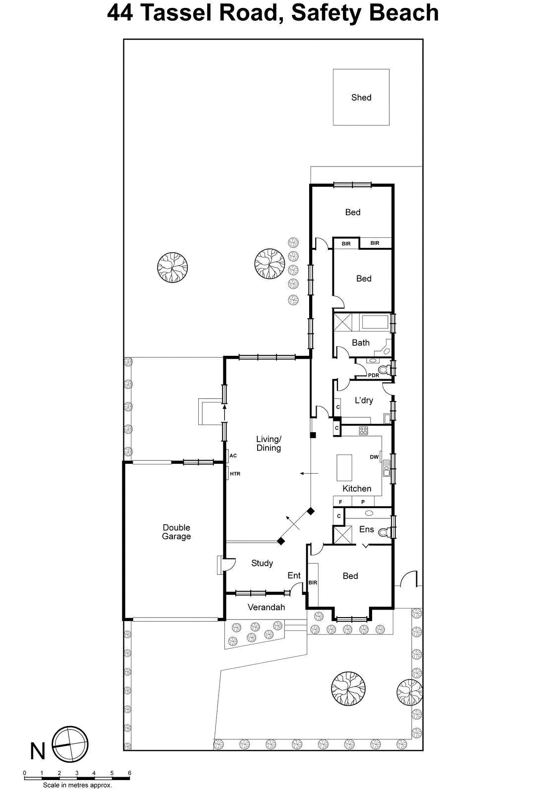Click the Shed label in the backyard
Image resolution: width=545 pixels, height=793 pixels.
(361, 98)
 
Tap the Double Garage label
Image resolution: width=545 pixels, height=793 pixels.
(176, 532)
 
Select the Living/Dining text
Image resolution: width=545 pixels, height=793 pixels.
(269, 444)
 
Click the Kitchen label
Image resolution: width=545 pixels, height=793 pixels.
(357, 489)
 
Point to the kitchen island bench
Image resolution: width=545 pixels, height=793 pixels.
(344, 468)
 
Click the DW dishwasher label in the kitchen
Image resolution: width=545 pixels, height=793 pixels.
(374, 457)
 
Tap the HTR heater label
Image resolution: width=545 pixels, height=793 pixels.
(235, 474)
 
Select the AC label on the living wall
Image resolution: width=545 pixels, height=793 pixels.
(233, 455)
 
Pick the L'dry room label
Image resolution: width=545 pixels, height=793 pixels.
(364, 400)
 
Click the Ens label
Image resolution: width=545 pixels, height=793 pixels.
(367, 529)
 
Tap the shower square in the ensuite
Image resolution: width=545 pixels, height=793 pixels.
(342, 535)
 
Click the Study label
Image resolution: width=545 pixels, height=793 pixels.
(262, 563)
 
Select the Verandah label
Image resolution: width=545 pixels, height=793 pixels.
(266, 607)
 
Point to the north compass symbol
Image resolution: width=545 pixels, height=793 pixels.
(70, 744)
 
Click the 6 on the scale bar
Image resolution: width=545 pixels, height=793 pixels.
(130, 773)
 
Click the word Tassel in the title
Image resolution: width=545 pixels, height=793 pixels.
(177, 12)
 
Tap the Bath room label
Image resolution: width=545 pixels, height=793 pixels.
(361, 342)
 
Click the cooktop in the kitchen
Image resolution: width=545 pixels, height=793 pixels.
(364, 431)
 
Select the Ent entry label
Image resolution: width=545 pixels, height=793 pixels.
(294, 575)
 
